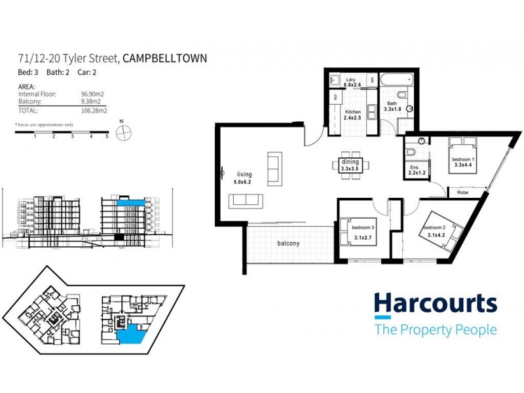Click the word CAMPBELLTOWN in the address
164,58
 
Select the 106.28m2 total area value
94,111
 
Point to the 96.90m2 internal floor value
94,94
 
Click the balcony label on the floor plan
288,244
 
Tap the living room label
244,175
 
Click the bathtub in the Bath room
396,81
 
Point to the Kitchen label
353,112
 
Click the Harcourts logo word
436,303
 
